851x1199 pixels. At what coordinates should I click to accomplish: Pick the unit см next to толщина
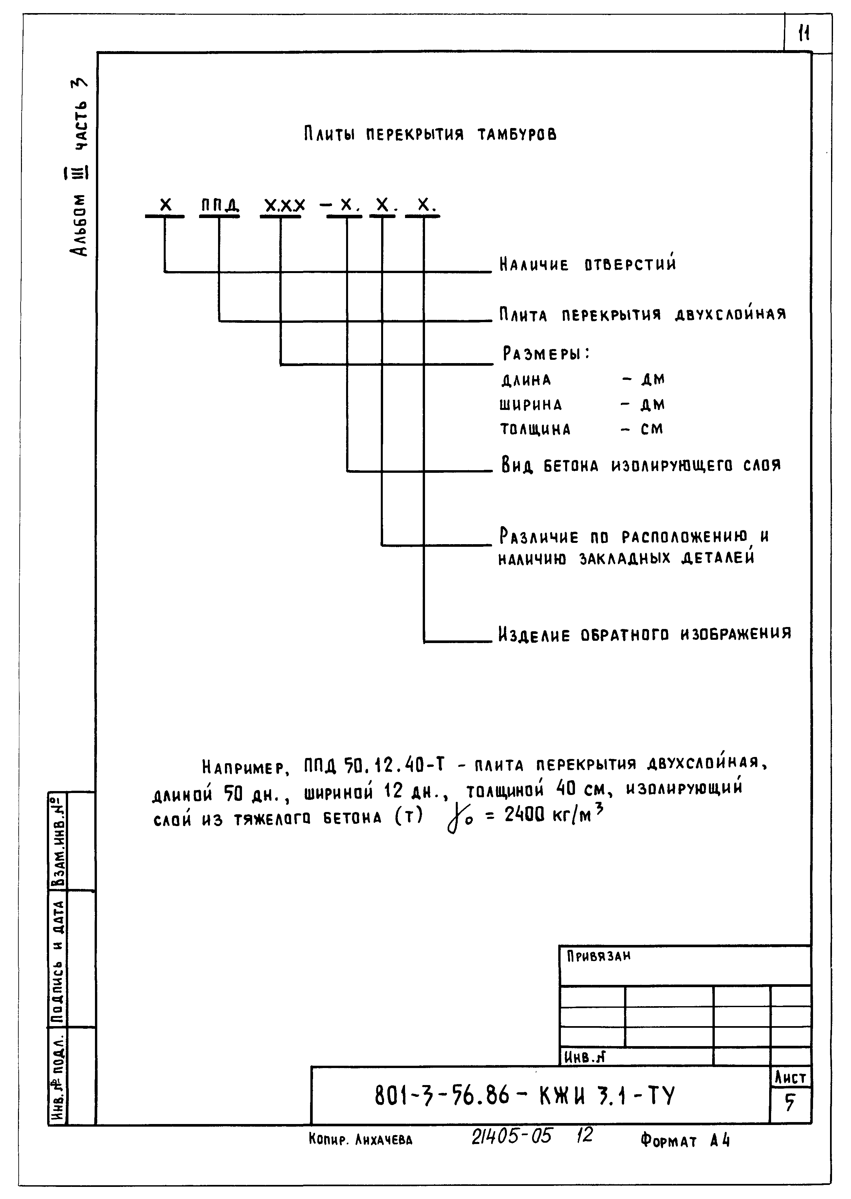point(652,429)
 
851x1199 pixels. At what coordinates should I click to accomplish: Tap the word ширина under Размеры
point(530,405)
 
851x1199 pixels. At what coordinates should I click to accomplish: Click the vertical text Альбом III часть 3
point(80,167)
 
